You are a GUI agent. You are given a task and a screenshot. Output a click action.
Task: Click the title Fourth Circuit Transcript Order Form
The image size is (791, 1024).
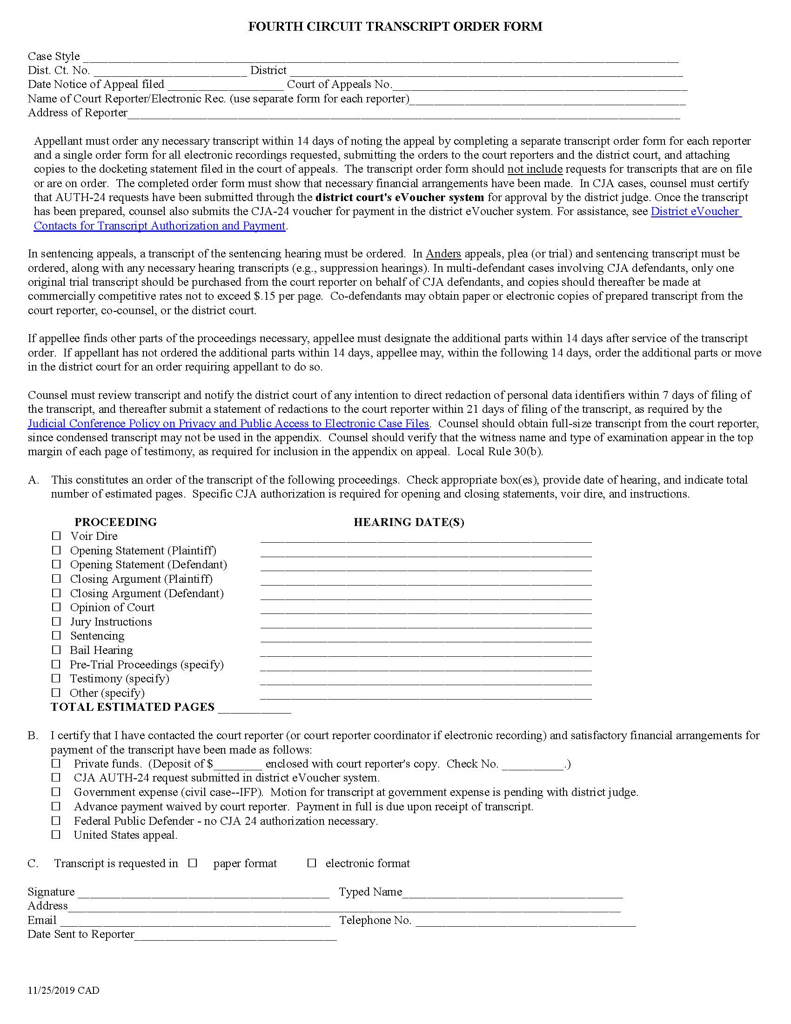click(395, 27)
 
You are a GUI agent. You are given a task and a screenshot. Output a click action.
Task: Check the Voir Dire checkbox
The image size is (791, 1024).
click(56, 535)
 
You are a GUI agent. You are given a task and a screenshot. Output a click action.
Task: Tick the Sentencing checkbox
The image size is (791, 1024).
click(56, 635)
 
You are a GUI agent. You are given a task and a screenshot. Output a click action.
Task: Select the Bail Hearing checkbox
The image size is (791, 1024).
click(56, 650)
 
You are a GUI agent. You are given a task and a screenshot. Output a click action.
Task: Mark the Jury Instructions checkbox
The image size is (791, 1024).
click(56, 621)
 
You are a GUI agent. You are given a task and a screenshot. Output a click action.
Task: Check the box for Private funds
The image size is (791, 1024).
click(56, 764)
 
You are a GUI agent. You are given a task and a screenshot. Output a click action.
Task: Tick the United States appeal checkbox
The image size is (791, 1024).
click(56, 835)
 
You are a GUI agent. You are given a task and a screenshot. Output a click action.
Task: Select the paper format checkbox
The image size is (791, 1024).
click(193, 863)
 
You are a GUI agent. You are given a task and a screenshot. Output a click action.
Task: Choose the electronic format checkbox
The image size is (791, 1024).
click(312, 863)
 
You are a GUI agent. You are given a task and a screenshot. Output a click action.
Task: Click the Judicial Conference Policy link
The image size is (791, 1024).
click(228, 424)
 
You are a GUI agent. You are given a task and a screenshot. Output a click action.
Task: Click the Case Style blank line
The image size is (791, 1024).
click(380, 58)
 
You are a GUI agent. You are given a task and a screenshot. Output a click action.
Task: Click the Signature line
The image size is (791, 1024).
click(202, 893)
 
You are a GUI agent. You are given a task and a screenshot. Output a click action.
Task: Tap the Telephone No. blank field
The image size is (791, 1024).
click(525, 921)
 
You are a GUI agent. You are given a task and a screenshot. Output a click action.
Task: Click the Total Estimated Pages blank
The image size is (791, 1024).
click(254, 708)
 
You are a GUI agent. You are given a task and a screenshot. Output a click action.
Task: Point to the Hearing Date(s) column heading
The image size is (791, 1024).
click(409, 522)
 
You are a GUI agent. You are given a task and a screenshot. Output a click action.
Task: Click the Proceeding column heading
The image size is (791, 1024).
click(116, 522)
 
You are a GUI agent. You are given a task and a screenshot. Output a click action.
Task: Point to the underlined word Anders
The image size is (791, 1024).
click(443, 254)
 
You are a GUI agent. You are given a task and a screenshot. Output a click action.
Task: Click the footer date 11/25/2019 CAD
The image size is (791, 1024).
click(63, 990)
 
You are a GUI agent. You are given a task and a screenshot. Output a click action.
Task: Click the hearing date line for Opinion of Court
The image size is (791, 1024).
click(425, 609)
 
